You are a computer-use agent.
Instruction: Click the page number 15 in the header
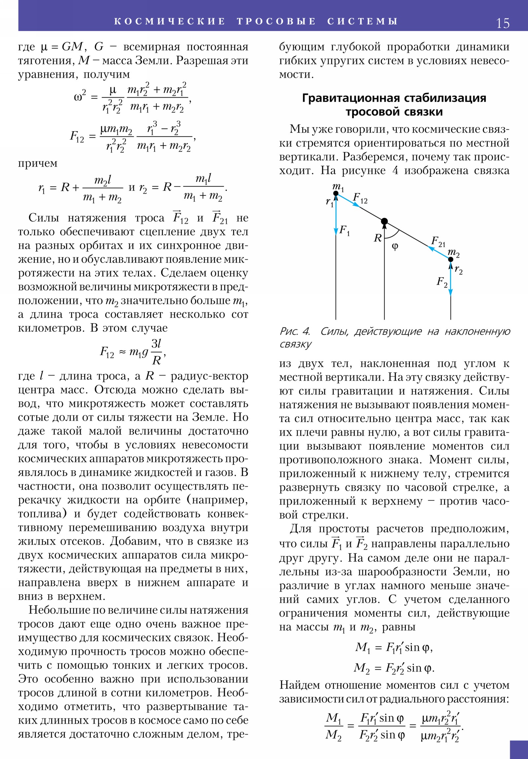tap(503, 23)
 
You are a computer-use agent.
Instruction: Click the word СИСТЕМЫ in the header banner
tap(362, 21)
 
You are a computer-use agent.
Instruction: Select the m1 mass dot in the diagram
tap(336, 193)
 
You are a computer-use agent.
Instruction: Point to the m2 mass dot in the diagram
tap(451, 259)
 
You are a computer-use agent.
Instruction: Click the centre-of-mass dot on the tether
tap(384, 221)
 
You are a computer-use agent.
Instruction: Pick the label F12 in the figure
tap(360, 198)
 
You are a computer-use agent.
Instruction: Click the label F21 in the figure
tap(438, 242)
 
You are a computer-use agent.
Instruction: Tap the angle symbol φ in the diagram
tap(395, 246)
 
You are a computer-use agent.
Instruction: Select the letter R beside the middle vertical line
tap(378, 238)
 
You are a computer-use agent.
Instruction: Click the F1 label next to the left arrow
tap(344, 230)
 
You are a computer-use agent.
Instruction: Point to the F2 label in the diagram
tap(442, 281)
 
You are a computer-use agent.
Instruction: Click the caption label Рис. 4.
tap(295, 331)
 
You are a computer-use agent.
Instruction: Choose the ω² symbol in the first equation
tap(80, 97)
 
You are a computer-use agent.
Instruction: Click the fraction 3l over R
tap(156, 352)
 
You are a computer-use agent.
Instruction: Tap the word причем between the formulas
tap(38, 163)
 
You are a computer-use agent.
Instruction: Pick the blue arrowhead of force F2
tap(451, 292)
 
